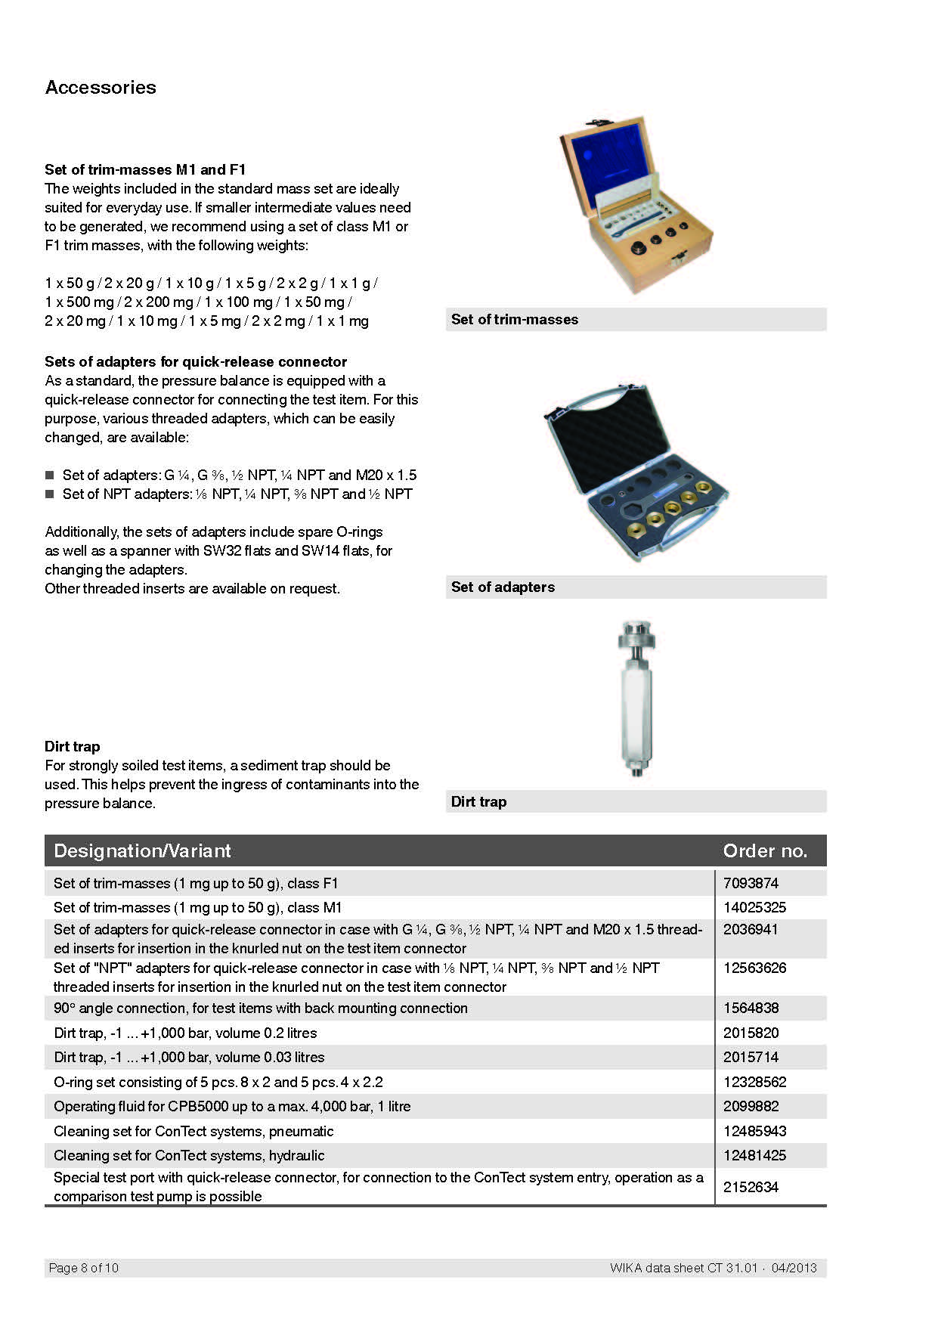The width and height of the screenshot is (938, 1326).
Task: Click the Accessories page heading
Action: tap(101, 87)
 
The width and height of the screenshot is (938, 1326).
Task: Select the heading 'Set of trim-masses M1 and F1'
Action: tap(145, 169)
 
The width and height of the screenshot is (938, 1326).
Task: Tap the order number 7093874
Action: tap(751, 883)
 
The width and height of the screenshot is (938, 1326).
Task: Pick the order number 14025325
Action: tap(754, 907)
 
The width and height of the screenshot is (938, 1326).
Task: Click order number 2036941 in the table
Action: tap(751, 930)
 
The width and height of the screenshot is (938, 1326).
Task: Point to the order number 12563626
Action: tap(754, 968)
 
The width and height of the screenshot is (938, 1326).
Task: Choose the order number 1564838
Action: tap(751, 1008)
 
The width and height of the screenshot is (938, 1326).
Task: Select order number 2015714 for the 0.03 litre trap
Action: tap(751, 1057)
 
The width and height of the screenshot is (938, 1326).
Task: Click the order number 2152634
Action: tap(751, 1187)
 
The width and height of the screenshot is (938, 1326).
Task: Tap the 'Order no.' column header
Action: tap(765, 851)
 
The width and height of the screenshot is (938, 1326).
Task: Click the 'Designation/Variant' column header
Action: tap(142, 851)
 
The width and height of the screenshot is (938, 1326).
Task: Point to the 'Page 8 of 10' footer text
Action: tap(84, 1268)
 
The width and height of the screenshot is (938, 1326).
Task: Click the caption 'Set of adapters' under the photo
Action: tap(503, 587)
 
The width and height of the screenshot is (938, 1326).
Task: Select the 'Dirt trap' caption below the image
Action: tap(478, 802)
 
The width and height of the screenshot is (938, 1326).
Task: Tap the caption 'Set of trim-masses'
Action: tap(515, 320)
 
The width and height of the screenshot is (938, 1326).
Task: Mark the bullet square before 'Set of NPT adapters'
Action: tap(50, 494)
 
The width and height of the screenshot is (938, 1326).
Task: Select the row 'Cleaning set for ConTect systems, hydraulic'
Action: tap(189, 1155)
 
